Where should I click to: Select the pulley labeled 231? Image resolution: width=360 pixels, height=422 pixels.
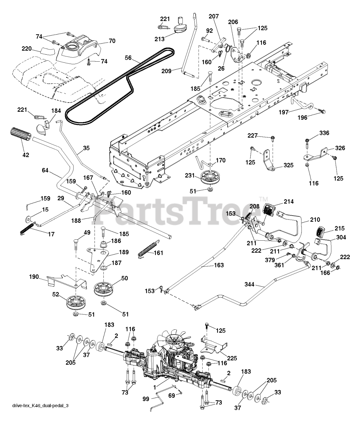(207, 178)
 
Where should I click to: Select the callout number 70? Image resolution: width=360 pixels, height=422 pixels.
(112, 42)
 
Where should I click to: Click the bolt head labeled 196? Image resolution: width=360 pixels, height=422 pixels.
(323, 112)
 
